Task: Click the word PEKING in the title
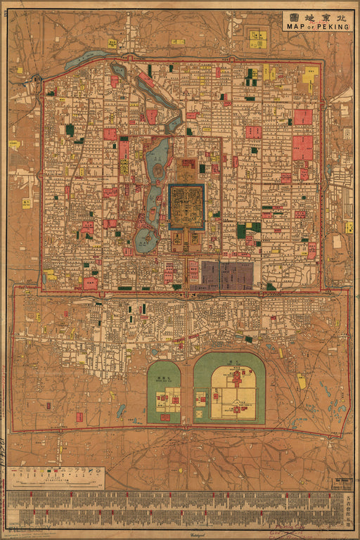[334, 27]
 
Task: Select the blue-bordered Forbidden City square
[186, 207]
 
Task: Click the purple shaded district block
[226, 276]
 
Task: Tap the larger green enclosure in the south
[229, 388]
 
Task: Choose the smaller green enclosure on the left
[164, 393]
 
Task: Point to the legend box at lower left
[55, 478]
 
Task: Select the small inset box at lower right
[342, 484]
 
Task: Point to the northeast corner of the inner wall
[322, 62]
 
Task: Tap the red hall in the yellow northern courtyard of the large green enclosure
[236, 378]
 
